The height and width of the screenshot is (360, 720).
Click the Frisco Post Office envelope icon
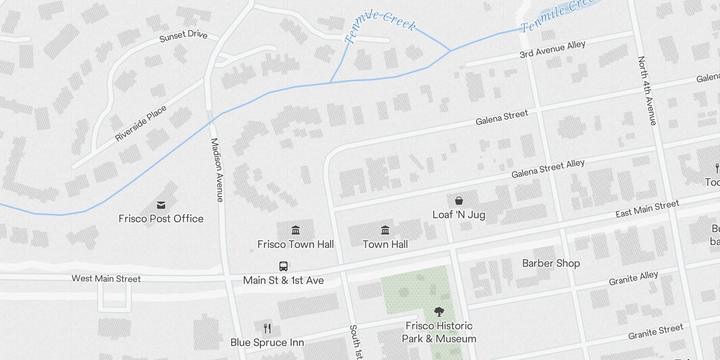coord(161,206)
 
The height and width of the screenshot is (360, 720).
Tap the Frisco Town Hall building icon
coord(296,230)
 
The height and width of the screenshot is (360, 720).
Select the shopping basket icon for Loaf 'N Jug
coord(459,201)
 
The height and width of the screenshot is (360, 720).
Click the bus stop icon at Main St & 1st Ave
coord(283,266)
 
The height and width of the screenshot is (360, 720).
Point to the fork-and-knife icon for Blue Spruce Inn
coord(267,328)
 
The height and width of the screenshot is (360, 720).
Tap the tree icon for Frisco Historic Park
coord(439,311)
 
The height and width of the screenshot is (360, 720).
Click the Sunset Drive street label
coord(183,36)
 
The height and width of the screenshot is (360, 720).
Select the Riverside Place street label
coord(140,123)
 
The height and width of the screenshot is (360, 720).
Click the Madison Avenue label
coord(217,170)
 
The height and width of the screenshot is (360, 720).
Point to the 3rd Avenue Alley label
coord(552,49)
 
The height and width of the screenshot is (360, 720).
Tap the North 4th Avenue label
coord(647,90)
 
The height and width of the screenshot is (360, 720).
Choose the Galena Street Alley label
coord(548,168)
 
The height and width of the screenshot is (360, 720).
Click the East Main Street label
coord(647,209)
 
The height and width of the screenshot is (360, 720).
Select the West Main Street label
coord(106,279)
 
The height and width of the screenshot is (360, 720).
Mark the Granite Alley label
coord(633,278)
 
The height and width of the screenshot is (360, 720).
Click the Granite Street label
coord(656,332)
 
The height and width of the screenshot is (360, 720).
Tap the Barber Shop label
coord(551,263)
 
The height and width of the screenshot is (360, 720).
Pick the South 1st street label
coord(356,342)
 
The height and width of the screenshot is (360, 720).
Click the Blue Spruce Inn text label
coord(267,342)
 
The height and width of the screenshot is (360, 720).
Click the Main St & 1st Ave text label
coord(283,280)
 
